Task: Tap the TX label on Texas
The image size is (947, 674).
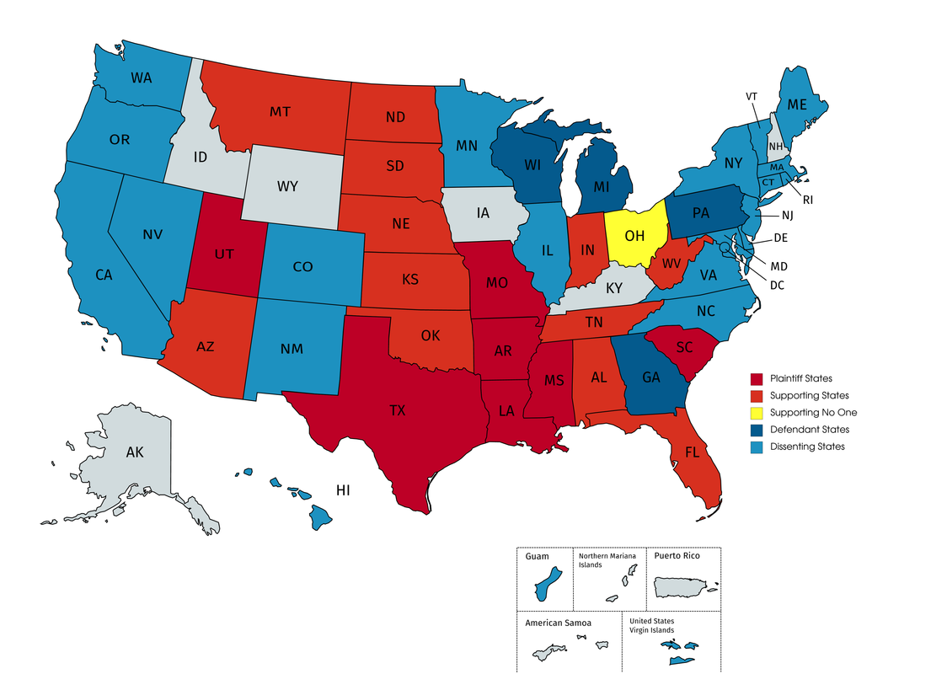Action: tap(397, 410)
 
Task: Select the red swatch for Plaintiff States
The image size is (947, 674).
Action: tap(757, 378)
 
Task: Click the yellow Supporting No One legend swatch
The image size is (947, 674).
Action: tap(757, 412)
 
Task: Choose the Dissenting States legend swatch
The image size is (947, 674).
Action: tap(757, 447)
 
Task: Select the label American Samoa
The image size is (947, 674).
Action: tap(558, 623)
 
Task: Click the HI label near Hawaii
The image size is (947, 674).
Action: tap(343, 489)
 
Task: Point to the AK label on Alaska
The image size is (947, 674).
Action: tap(135, 452)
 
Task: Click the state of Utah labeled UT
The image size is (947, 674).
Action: tap(224, 253)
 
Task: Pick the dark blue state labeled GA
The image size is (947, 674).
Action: tap(650, 377)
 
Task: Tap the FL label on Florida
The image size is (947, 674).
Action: tap(693, 452)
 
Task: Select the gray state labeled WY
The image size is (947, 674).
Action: tap(287, 186)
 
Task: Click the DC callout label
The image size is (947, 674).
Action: tap(776, 285)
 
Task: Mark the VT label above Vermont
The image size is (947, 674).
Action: tap(751, 96)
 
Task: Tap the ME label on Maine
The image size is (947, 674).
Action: tap(797, 105)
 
